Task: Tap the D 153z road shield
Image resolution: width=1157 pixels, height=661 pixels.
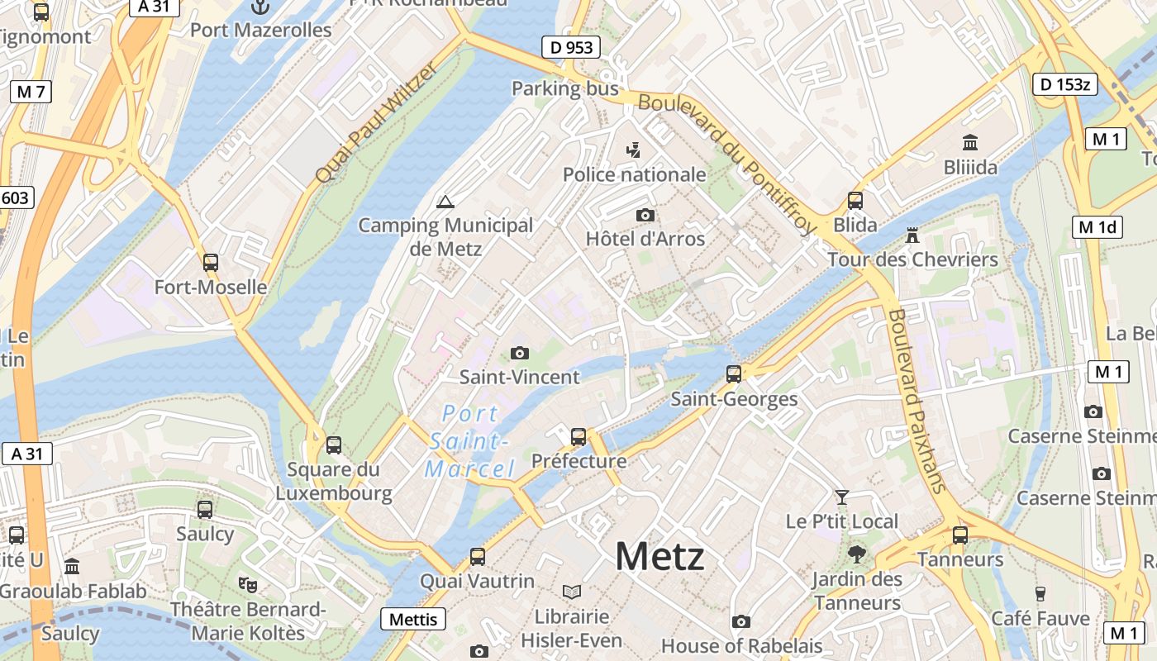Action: point(1065,83)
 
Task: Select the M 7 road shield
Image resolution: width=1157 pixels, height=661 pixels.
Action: point(31,92)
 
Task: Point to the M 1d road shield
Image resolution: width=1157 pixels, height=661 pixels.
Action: point(1097,227)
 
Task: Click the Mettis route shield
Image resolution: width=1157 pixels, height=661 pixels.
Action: point(413,619)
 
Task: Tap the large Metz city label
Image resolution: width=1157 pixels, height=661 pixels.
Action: point(659,557)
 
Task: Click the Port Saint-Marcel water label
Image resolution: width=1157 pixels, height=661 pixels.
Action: point(470,441)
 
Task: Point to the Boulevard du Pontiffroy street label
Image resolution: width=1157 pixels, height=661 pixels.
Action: point(727,163)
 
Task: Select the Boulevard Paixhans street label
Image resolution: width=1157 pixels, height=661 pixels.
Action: point(916,401)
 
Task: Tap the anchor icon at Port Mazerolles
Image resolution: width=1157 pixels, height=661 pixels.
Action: point(260,7)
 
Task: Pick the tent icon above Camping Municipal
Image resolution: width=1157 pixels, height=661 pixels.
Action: point(445,202)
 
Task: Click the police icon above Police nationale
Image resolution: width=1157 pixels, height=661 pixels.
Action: point(634,150)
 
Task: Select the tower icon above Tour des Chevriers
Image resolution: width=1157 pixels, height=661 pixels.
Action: point(912,236)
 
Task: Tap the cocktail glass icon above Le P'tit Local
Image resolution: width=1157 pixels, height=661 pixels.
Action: point(841,497)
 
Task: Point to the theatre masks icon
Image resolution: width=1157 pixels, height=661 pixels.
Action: point(248,585)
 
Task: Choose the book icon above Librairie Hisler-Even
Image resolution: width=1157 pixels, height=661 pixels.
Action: point(571,592)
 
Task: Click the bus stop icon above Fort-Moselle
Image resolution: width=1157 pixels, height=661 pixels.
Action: point(211,263)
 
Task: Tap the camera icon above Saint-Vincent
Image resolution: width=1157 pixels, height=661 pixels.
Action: point(519,354)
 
